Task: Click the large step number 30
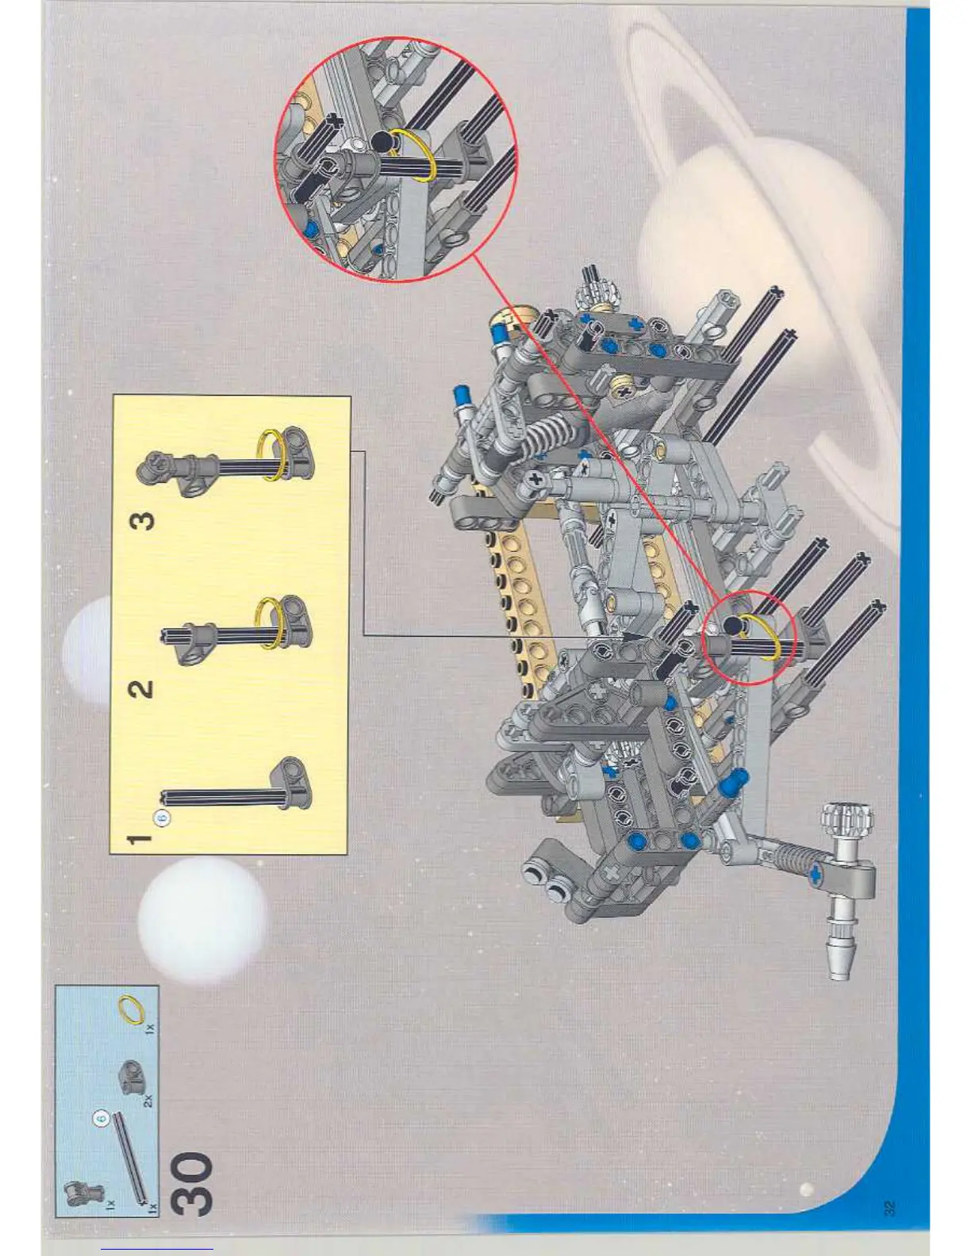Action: click(x=191, y=1184)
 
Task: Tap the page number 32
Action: click(x=888, y=1208)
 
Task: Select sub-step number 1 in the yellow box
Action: click(x=140, y=838)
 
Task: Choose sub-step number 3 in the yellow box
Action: click(x=142, y=521)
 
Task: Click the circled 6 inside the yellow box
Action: click(x=162, y=818)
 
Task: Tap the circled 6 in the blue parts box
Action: click(x=101, y=1118)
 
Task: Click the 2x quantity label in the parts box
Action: click(x=149, y=1100)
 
